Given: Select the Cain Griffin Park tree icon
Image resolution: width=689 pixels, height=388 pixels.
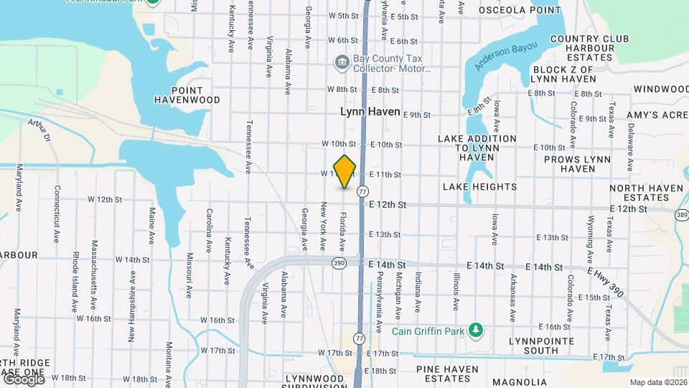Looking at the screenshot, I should click(x=474, y=330).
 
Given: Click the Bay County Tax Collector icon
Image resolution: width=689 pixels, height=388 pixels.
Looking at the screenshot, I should click(x=341, y=63).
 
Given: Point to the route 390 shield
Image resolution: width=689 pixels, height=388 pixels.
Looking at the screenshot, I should click(x=339, y=264).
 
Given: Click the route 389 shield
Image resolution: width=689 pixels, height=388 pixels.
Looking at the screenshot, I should click(x=682, y=214).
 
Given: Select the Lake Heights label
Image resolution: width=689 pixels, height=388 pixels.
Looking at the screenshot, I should click(x=480, y=187).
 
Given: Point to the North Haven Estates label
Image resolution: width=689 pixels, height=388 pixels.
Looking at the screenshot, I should click(x=639, y=193).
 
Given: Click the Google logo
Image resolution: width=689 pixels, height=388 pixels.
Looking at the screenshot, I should click(x=23, y=379).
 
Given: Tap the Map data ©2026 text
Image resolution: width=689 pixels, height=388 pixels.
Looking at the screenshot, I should click(x=657, y=382).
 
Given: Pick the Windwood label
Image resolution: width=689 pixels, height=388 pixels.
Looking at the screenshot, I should click(x=661, y=89).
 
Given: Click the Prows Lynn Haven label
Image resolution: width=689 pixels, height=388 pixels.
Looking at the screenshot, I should click(x=577, y=164).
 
